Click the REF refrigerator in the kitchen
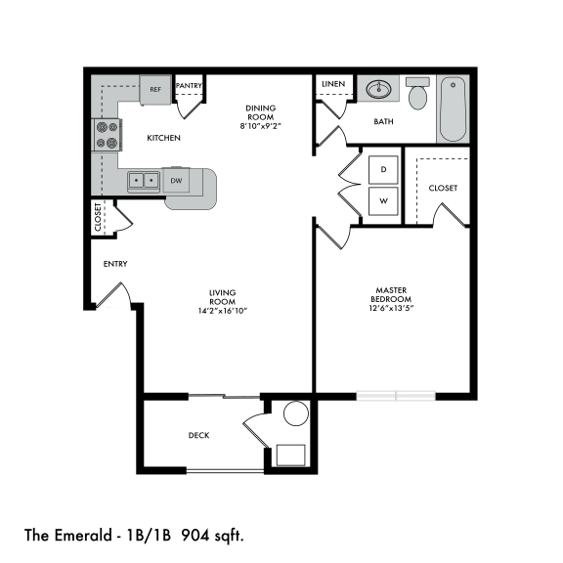pyautogui.click(x=155, y=90)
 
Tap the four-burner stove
pyautogui.click(x=107, y=135)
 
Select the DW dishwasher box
pyautogui.click(x=176, y=181)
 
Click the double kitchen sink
pyautogui.click(x=144, y=181)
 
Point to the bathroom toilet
pyautogui.click(x=417, y=94)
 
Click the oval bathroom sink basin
pyautogui.click(x=378, y=89)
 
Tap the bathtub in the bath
pyautogui.click(x=454, y=109)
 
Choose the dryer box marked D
pyautogui.click(x=383, y=169)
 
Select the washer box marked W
pyautogui.click(x=383, y=201)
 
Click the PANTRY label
pyautogui.click(x=189, y=85)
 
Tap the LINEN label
pyautogui.click(x=333, y=84)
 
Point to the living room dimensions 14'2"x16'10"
pyautogui.click(x=223, y=311)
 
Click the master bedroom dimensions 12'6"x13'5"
pyautogui.click(x=391, y=308)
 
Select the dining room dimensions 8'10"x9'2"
pyautogui.click(x=261, y=126)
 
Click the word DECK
pyautogui.click(x=199, y=436)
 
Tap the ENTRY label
pyautogui.click(x=115, y=264)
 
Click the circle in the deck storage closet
pyautogui.click(x=296, y=413)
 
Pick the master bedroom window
pyautogui.click(x=396, y=396)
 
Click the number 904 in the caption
pyautogui.click(x=195, y=536)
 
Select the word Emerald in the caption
pyautogui.click(x=83, y=536)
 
